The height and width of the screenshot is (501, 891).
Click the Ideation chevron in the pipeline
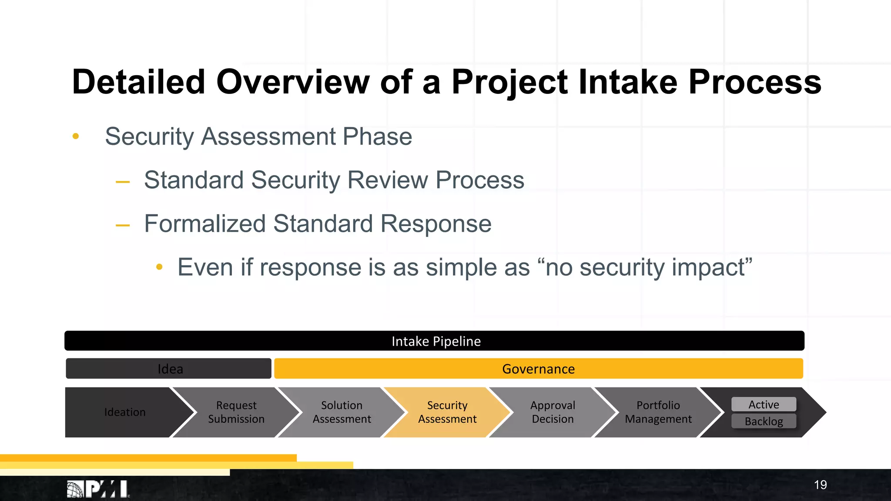[125, 412]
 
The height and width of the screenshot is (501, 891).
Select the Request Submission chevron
[236, 412]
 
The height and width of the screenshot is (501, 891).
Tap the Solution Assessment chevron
[342, 412]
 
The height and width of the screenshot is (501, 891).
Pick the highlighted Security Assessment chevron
[447, 412]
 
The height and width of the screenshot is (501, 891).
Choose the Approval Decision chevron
[553, 412]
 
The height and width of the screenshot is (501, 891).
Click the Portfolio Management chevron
[658, 412]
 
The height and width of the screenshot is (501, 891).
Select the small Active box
[764, 404]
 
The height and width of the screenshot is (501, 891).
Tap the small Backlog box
[764, 421]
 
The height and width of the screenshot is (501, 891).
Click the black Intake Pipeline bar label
[436, 341]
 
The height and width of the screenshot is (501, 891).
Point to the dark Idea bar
[170, 369]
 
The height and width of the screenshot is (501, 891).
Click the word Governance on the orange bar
[538, 369]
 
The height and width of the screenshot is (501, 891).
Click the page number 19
[820, 485]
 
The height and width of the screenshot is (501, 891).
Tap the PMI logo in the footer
[98, 489]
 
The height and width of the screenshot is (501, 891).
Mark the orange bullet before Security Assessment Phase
[76, 137]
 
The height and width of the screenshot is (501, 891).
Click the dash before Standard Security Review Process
[123, 182]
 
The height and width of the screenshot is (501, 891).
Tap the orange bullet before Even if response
[159, 267]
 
